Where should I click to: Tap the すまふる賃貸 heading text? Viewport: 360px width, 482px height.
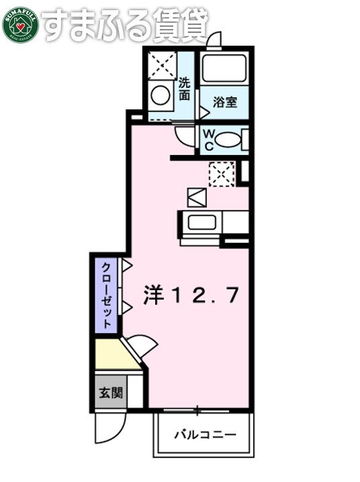(x=125, y=25)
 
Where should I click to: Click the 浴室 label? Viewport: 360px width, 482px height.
(x=224, y=102)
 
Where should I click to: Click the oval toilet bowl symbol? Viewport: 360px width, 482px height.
(x=228, y=140)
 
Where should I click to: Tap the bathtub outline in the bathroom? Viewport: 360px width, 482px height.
(x=224, y=68)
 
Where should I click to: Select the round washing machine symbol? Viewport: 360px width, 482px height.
(x=161, y=95)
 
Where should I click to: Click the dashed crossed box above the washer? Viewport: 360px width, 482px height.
(x=161, y=65)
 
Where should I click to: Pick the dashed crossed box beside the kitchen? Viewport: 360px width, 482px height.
(x=221, y=173)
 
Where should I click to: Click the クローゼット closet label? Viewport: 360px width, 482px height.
(x=106, y=294)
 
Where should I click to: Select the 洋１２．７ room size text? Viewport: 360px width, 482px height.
(x=191, y=295)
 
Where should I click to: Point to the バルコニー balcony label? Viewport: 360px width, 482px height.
(x=206, y=434)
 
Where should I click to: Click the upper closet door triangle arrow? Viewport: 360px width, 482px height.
(x=126, y=264)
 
